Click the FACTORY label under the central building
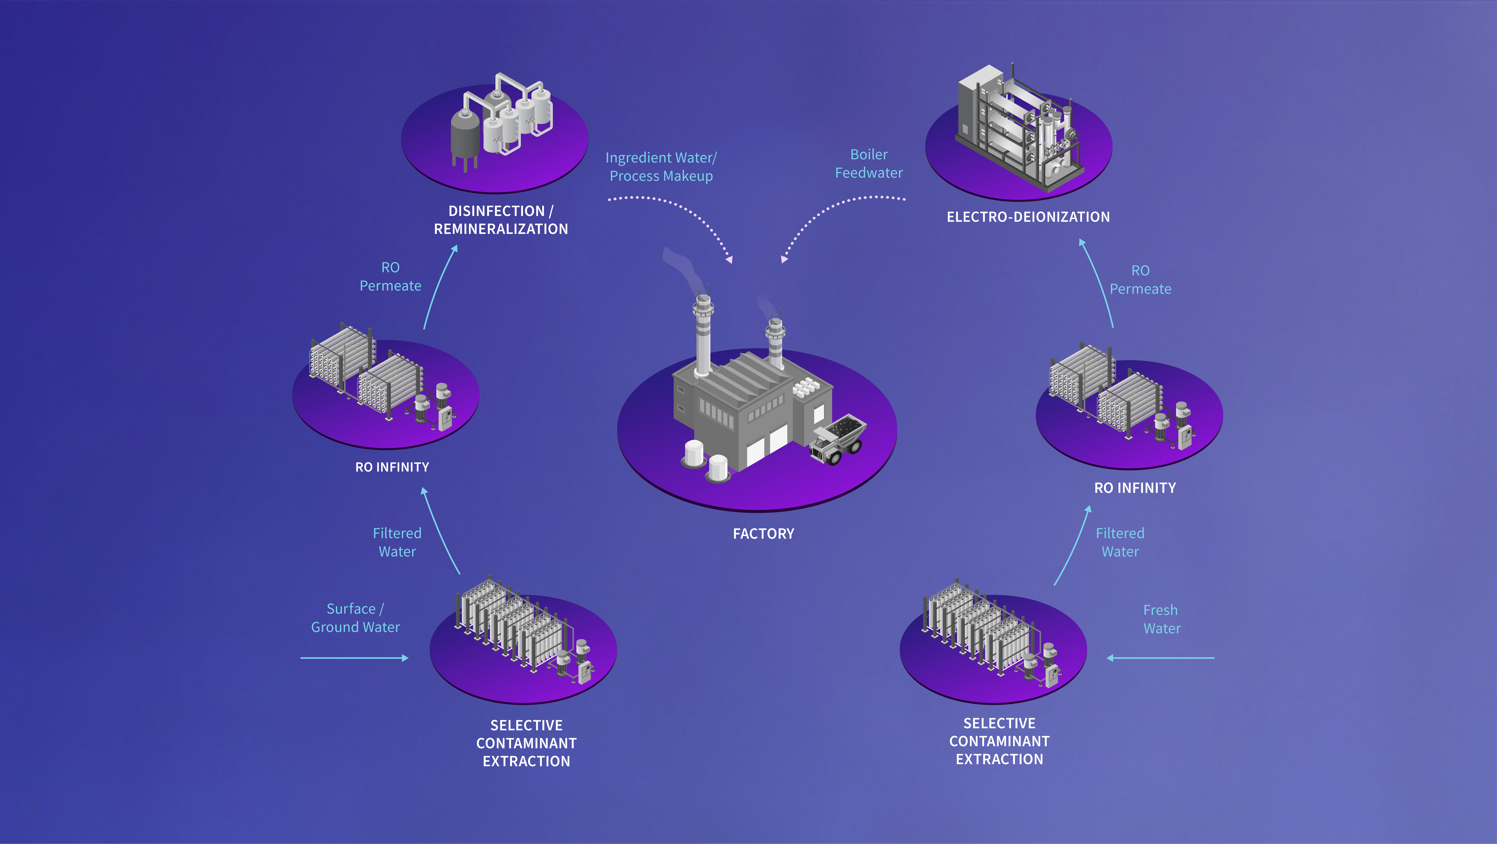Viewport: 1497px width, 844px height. point(763,534)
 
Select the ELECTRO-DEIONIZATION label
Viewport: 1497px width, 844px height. point(1028,217)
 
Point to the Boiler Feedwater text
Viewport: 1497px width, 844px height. point(869,163)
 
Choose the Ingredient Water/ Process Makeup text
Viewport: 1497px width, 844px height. point(661,167)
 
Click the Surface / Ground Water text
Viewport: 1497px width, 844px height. point(355,618)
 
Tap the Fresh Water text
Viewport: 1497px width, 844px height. point(1162,619)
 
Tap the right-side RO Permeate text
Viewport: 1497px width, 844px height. point(1140,280)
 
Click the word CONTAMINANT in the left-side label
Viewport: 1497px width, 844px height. point(527,743)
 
